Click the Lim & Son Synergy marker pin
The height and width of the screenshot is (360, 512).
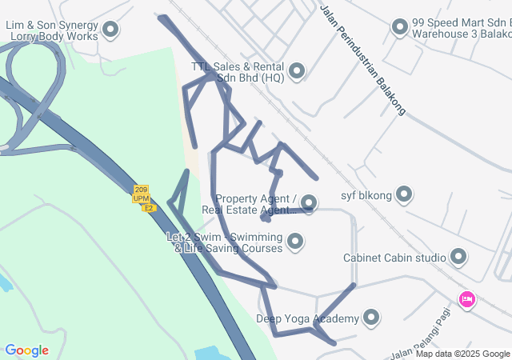(111, 30)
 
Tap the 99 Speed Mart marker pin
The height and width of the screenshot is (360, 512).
(400, 29)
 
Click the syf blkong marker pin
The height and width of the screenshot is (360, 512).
(404, 194)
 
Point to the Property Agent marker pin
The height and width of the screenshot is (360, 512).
(309, 204)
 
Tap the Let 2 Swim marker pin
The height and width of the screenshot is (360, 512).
(295, 241)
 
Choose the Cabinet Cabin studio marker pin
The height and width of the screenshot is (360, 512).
(458, 258)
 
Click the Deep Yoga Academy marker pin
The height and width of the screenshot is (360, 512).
(370, 318)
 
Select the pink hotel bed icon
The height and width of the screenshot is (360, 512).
(467, 300)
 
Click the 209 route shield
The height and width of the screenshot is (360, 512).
(142, 190)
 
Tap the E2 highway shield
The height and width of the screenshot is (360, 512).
(148, 208)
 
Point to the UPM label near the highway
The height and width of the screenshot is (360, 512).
(142, 198)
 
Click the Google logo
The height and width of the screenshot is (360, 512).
(26, 350)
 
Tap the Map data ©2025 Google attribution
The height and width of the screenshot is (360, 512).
(462, 354)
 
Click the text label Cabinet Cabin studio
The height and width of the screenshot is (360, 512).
(394, 258)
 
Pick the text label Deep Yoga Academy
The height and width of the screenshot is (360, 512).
(306, 319)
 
